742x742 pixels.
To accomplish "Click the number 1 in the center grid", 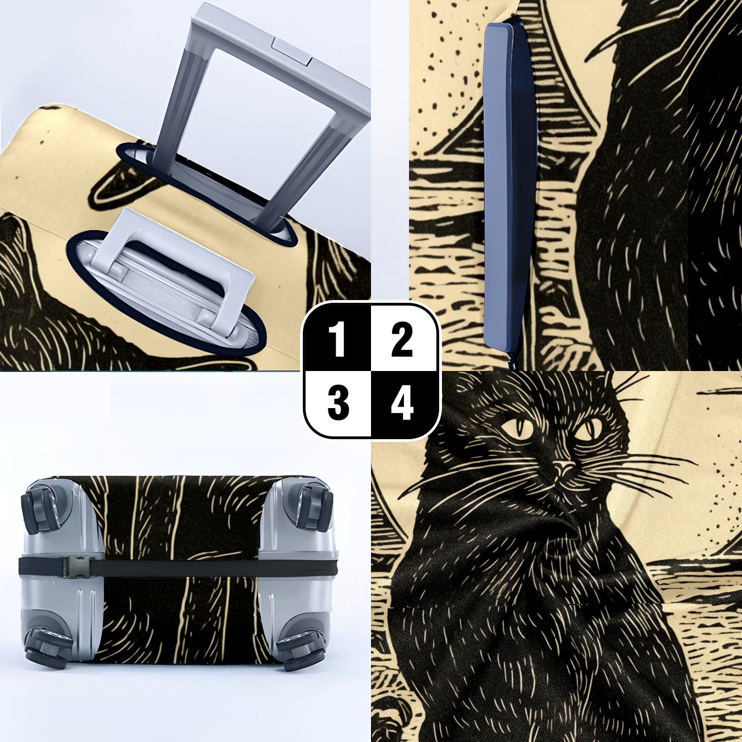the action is click(339, 340).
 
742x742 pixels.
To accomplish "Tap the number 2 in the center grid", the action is click(402, 340).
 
